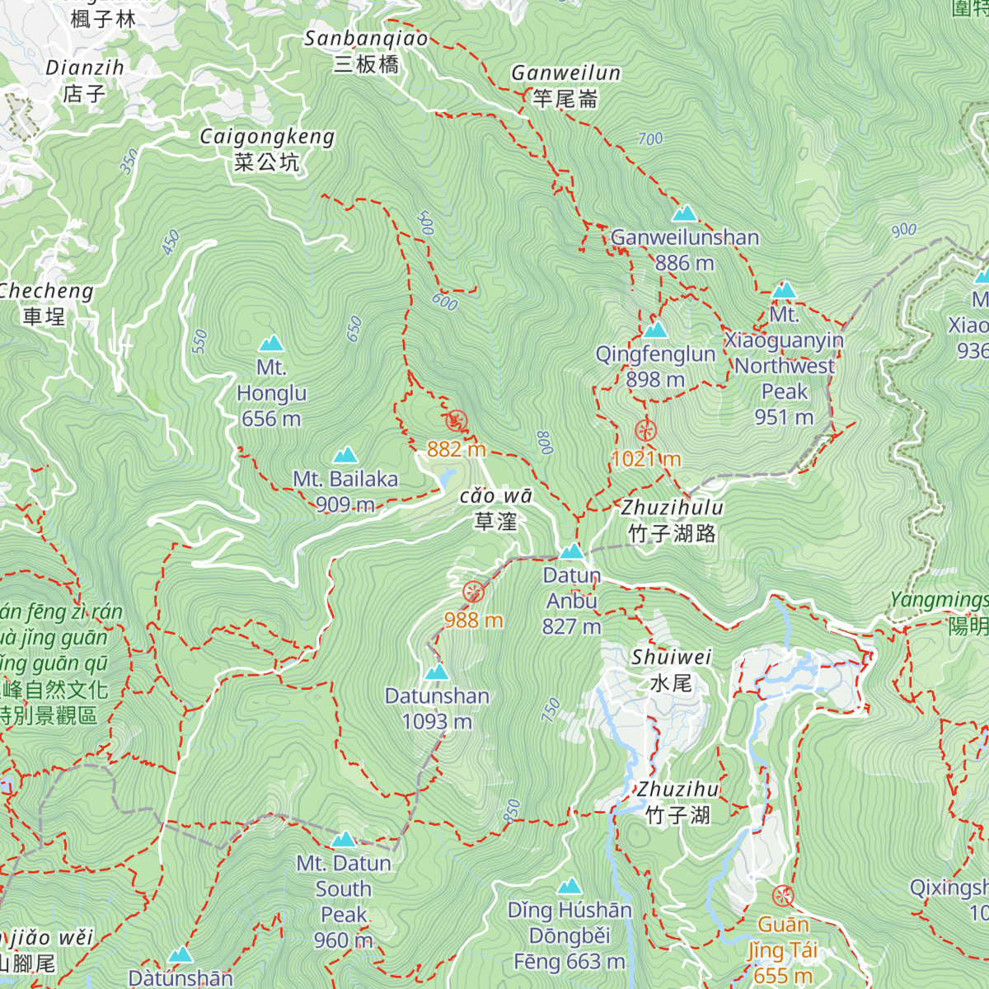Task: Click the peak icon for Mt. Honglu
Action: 271,344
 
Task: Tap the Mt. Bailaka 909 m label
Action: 345,491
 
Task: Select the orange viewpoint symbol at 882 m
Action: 457,421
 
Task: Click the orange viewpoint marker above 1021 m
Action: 645,430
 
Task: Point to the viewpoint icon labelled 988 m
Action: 473,591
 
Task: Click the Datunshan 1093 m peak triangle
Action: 436,672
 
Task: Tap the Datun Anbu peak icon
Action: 571,551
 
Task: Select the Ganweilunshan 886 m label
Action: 685,250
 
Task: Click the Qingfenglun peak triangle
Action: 655,330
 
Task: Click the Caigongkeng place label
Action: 267,149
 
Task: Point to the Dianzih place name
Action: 85,81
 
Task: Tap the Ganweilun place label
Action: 565,86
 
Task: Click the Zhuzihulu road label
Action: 672,521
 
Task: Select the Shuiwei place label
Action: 671,670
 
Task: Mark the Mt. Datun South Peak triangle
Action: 344,839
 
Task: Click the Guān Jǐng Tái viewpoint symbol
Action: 782,896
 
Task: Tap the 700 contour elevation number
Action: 650,139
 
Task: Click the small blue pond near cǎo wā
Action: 446,478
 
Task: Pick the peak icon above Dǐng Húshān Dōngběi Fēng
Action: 569,887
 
